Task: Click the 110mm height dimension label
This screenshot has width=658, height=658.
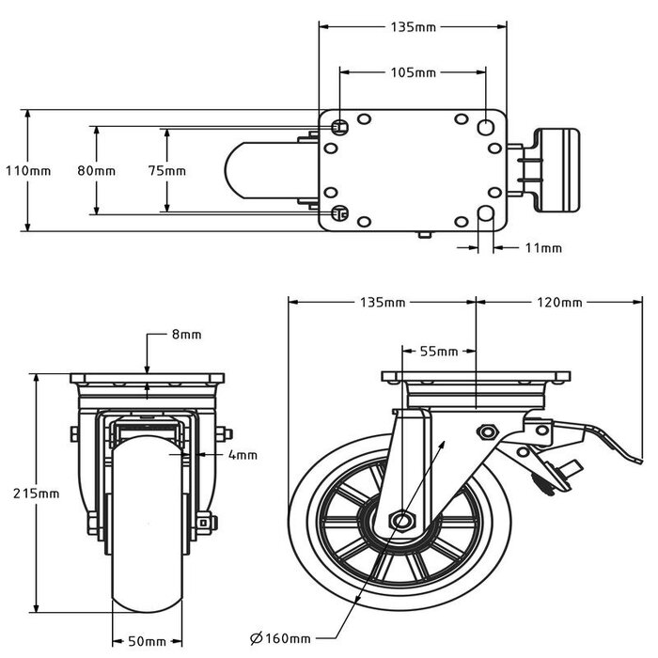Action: click(28, 171)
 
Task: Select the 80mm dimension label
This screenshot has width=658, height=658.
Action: click(97, 171)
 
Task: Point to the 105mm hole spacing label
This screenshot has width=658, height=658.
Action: click(413, 72)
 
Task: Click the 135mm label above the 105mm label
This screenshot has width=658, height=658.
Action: click(413, 27)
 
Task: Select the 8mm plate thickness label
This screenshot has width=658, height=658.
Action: click(186, 335)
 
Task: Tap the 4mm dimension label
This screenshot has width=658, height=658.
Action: click(243, 456)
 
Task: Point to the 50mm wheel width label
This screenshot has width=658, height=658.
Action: click(146, 641)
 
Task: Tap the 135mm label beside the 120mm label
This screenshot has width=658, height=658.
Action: click(383, 303)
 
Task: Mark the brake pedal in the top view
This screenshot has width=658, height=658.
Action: click(555, 170)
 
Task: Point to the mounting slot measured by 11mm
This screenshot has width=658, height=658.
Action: click(487, 216)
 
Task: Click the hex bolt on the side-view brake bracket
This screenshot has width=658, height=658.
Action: click(487, 431)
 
